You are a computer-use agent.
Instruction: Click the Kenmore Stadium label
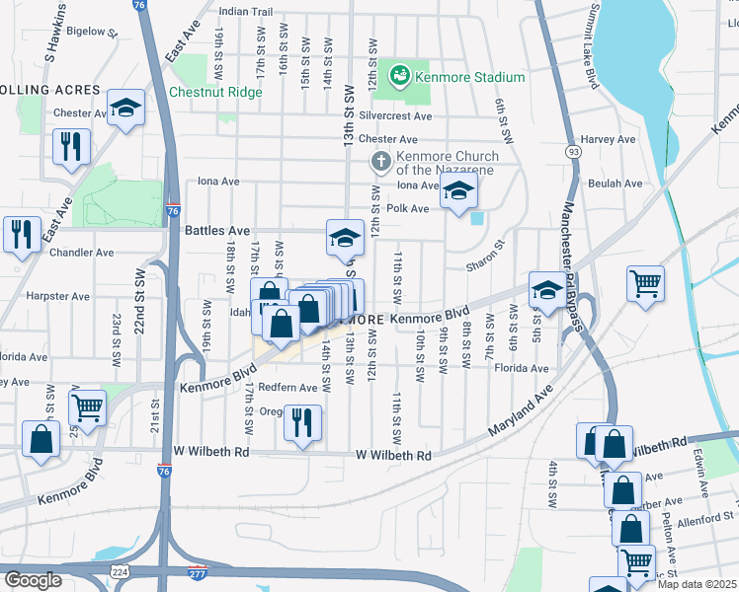pyautogui.click(x=469, y=77)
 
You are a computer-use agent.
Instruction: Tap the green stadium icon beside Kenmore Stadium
pyautogui.click(x=399, y=75)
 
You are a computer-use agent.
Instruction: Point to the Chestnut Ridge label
pyautogui.click(x=215, y=92)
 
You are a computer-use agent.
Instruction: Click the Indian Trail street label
pyautogui.click(x=246, y=12)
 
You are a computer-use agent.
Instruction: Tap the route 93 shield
pyautogui.click(x=574, y=151)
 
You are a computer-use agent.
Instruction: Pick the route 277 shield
pyautogui.click(x=199, y=571)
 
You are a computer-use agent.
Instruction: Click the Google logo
pyautogui.click(x=33, y=580)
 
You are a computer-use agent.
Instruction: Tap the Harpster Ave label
pyautogui.click(x=57, y=295)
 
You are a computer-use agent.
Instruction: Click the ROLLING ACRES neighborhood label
pyautogui.click(x=50, y=90)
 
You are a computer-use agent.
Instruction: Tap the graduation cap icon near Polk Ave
pyautogui.click(x=458, y=191)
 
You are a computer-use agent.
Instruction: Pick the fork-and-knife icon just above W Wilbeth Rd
pyautogui.click(x=302, y=420)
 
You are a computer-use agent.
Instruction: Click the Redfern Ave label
pyautogui.click(x=288, y=388)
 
